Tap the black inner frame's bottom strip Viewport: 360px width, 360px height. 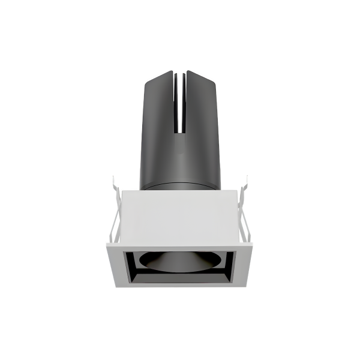pyautogui.click(x=180, y=281)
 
